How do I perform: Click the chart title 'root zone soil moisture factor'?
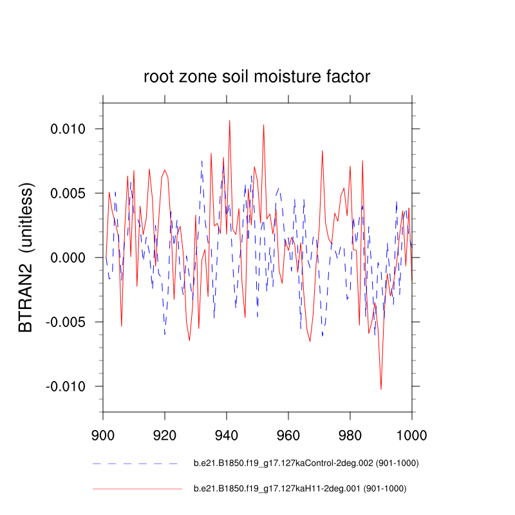coord(257,77)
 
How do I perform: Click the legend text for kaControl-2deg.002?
coord(300,463)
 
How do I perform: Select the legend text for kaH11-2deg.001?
coord(300,489)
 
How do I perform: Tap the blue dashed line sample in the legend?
coord(135,463)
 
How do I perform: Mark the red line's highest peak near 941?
coord(229,120)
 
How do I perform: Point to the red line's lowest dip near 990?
coord(381,389)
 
